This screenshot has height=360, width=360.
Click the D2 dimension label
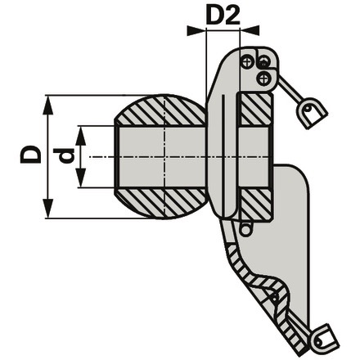coord(223,16)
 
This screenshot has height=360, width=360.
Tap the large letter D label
coord(30,154)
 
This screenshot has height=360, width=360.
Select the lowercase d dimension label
coord(64,155)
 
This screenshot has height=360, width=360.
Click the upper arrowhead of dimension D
coord(48,105)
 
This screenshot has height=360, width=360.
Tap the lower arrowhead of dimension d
coord(81,178)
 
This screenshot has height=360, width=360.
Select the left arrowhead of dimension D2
coord(196,30)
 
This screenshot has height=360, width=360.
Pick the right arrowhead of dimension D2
coord(250,30)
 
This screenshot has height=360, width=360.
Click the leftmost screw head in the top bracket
coord(246,62)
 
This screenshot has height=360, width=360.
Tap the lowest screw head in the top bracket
coord(263,79)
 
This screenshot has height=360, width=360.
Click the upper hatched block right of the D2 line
coord(255,110)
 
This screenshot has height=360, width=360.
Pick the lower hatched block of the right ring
coord(255,204)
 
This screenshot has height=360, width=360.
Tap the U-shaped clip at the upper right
coord(313,113)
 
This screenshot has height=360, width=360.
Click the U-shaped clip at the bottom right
coord(325,340)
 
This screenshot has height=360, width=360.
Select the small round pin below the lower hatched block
coord(245,230)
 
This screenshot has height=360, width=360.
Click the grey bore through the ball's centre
coord(162,157)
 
